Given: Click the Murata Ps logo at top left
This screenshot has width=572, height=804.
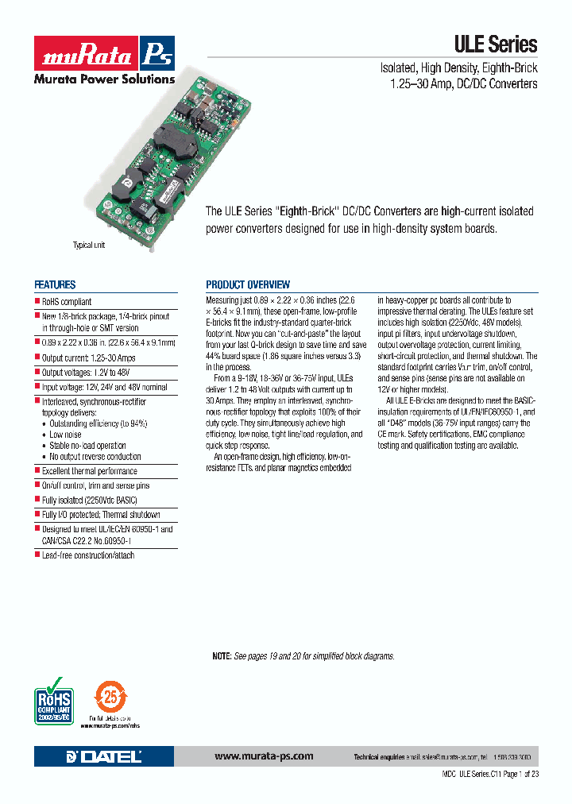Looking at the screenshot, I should pos(103,54).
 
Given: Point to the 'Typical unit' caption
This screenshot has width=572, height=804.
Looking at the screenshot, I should pos(89,245).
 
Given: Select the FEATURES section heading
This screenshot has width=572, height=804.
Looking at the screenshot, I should pos(55,284).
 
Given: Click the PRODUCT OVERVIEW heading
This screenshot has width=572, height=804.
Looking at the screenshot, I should pos(248,284).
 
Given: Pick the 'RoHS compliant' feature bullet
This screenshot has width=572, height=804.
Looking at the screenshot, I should pos(67,302).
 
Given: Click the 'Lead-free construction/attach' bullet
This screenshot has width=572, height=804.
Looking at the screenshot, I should pos(88,555).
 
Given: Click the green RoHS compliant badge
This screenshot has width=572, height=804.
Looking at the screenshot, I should pos(54,698).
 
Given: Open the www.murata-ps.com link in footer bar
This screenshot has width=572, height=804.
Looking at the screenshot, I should pos(264,756).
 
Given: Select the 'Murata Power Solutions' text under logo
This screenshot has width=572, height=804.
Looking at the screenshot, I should pos(103,79).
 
